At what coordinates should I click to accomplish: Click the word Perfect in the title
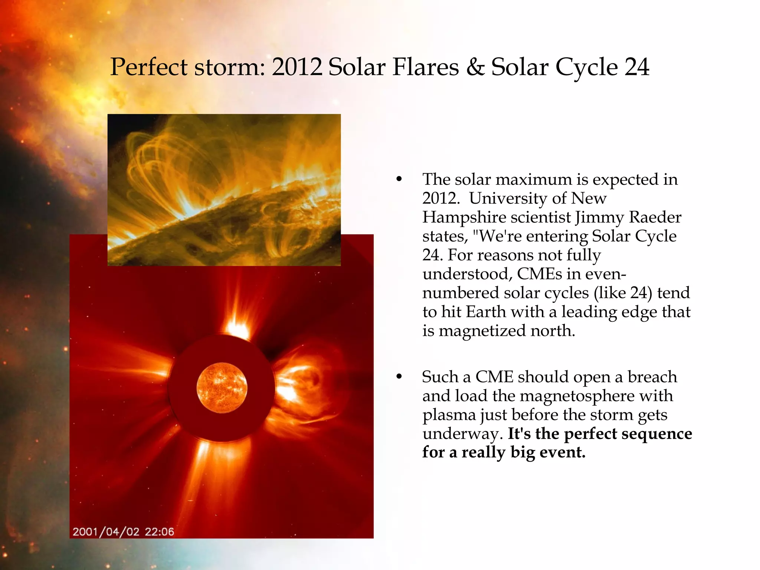[149, 67]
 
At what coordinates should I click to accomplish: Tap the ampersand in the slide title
[475, 67]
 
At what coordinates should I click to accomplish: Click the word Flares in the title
[426, 67]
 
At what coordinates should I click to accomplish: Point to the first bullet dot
[399, 180]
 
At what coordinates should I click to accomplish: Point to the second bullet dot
[399, 377]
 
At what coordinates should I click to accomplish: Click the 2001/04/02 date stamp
[106, 532]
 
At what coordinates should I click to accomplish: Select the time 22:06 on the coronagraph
[159, 532]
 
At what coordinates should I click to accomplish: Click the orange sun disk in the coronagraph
[222, 388]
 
